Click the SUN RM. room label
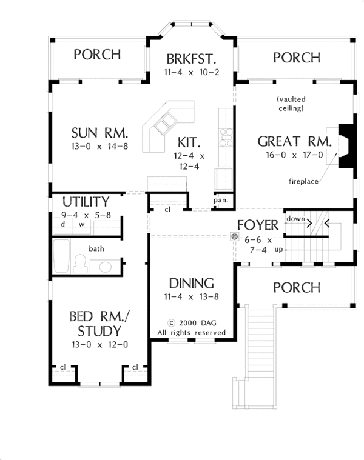pyautogui.click(x=100, y=133)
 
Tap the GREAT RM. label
pyautogui.click(x=294, y=141)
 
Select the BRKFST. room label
pyautogui.click(x=191, y=59)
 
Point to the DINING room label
pyautogui.click(x=191, y=284)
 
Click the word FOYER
pyautogui.click(x=258, y=225)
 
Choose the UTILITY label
pyautogui.click(x=86, y=202)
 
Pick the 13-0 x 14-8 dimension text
pyautogui.click(x=100, y=146)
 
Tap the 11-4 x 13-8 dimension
pyautogui.click(x=191, y=296)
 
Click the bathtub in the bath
pyautogui.click(x=62, y=256)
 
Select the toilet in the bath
pyautogui.click(x=80, y=264)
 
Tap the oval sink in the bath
pyautogui.click(x=106, y=267)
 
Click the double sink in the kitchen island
pyautogui.click(x=165, y=124)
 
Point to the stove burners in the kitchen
pyautogui.click(x=226, y=137)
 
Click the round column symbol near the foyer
pyautogui.click(x=234, y=236)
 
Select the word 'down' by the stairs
pyautogui.click(x=295, y=219)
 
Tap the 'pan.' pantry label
pyautogui.click(x=221, y=201)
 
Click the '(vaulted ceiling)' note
pyautogui.click(x=291, y=104)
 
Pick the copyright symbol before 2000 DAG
pyautogui.click(x=172, y=323)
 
